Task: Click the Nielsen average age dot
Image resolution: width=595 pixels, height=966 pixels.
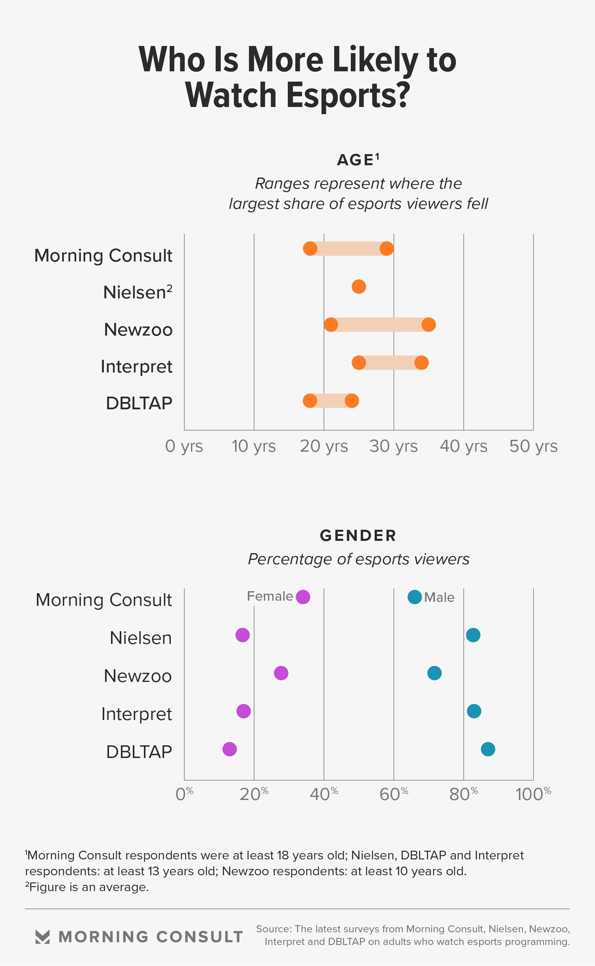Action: (359, 286)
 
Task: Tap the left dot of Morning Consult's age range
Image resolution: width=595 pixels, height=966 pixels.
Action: (310, 249)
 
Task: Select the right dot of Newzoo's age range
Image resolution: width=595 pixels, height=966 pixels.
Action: (429, 325)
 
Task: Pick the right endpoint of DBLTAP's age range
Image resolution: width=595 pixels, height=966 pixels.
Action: (352, 401)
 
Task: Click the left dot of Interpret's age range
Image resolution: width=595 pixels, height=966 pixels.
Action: (359, 363)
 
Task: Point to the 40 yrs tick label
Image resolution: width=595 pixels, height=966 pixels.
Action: (463, 446)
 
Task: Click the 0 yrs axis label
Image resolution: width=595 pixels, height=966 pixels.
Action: (184, 446)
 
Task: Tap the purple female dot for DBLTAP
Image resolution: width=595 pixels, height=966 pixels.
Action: (230, 749)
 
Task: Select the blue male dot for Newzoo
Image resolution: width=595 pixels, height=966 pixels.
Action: (434, 673)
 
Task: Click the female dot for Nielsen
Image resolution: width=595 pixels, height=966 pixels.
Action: (243, 635)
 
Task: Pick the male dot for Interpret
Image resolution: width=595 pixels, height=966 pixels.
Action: (474, 711)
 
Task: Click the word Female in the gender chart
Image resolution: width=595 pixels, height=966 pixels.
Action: (270, 596)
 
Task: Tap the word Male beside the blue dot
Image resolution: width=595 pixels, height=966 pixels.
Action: (439, 598)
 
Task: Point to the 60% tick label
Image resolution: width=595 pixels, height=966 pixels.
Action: (394, 794)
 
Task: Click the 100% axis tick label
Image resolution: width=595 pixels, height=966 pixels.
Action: (533, 794)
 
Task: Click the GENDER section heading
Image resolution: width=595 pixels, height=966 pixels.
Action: (358, 536)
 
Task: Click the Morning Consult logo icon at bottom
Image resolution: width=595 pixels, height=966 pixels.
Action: (42, 937)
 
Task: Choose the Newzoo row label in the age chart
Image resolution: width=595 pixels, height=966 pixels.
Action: (138, 330)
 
